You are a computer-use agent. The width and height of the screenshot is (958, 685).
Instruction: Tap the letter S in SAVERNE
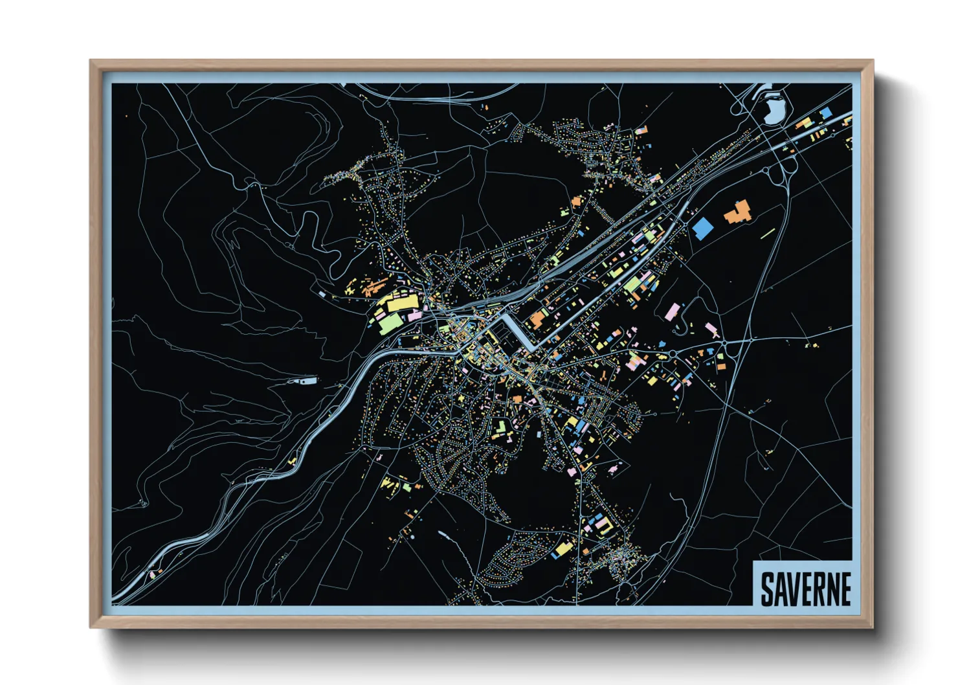click(x=768, y=589)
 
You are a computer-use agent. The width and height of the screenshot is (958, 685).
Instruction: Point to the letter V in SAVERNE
click(x=794, y=589)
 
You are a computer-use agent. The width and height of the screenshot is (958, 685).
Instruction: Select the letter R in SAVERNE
click(x=818, y=589)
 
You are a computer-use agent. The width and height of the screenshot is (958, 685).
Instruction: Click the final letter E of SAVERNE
click(x=845, y=589)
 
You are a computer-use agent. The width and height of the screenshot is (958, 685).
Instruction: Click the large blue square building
click(x=702, y=229)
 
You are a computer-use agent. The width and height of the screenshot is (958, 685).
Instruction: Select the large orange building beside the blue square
click(x=737, y=212)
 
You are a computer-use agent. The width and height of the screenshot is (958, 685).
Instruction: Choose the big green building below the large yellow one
click(x=390, y=322)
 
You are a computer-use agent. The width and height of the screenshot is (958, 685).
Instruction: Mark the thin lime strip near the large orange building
click(x=768, y=232)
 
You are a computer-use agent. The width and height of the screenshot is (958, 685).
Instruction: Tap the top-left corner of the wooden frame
click(x=92, y=62)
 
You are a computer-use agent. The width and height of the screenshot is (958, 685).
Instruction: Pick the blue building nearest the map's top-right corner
click(x=826, y=113)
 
